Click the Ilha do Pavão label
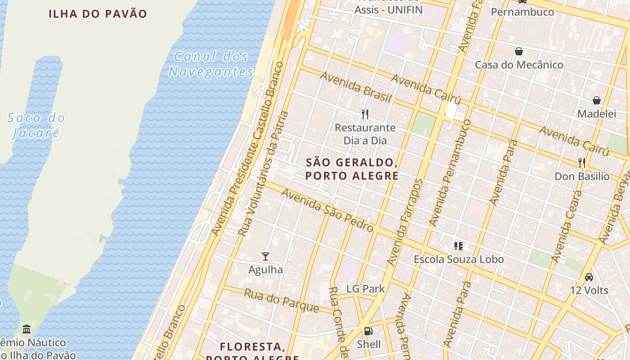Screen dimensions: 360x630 point(98,13)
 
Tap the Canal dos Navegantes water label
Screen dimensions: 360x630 point(211,64)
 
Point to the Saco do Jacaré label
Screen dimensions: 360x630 point(36,126)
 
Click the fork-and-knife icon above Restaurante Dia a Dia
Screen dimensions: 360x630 point(365,114)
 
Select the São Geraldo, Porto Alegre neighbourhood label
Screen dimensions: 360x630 point(352,169)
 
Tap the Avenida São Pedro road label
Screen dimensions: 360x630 point(327,210)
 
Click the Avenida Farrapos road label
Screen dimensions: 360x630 point(405,223)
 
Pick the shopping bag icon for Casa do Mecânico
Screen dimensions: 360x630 point(519,51)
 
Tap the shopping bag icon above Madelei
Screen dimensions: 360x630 point(597,100)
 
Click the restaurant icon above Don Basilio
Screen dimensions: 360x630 point(582,162)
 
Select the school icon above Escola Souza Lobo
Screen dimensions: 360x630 point(459,246)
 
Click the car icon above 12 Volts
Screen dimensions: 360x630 point(589,277)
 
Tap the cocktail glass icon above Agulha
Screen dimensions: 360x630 point(265,256)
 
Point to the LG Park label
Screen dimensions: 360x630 point(365,289)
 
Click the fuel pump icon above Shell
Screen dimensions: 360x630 point(369,331)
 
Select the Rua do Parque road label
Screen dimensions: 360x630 point(281,301)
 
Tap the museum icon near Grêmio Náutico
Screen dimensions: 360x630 point(27,329)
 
